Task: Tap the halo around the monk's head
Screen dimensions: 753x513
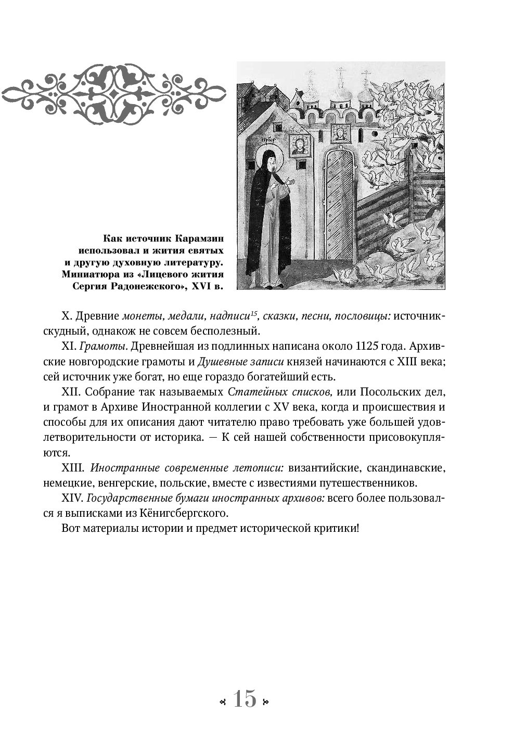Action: pos(268,154)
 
